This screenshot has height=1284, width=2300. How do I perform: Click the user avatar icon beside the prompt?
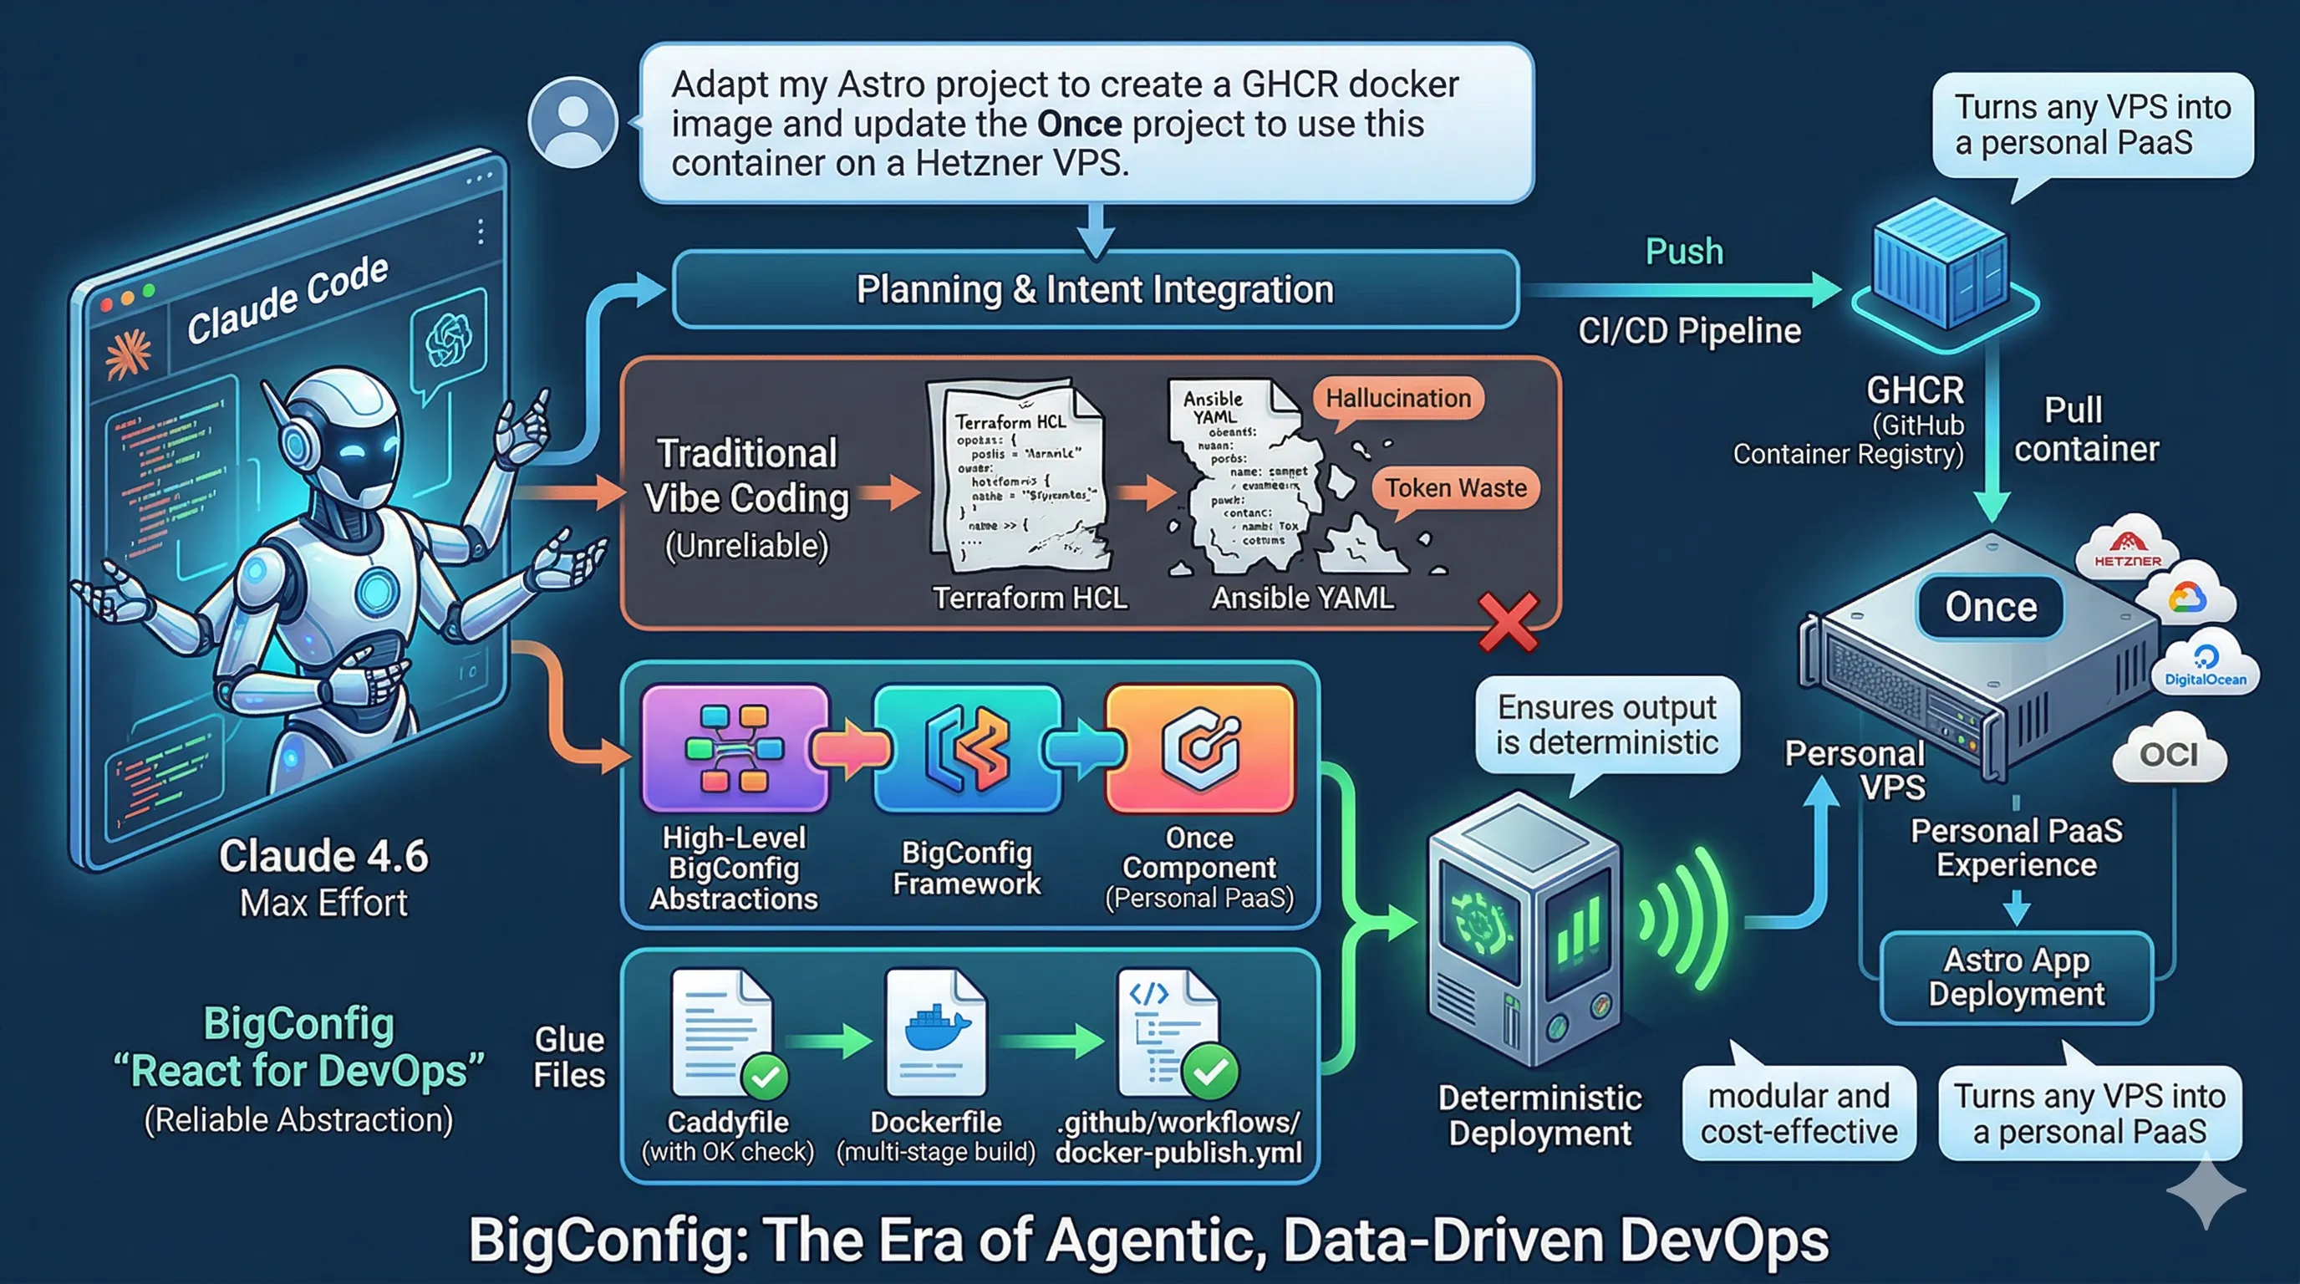tap(572, 122)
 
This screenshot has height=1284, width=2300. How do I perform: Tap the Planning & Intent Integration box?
tap(1095, 289)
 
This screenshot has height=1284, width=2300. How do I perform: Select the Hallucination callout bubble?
tap(1397, 398)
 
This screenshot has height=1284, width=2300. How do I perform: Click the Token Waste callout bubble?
tap(1455, 488)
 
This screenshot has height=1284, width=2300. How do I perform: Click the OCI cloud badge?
tap(2169, 755)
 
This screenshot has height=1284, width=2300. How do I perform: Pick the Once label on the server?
tap(1990, 607)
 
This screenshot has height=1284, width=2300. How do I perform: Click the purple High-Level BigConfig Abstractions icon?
tap(734, 748)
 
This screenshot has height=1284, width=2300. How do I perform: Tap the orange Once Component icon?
tap(1199, 748)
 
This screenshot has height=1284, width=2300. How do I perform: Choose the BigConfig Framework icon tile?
tap(967, 748)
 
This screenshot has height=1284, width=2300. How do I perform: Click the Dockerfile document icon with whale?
tap(936, 1032)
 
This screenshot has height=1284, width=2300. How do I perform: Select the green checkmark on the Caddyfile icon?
tap(764, 1077)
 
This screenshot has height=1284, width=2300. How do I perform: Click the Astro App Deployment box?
tap(2016, 978)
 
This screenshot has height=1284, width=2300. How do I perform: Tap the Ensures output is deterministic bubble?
tap(1607, 725)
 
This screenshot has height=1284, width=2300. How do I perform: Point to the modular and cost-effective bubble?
tap(1799, 1113)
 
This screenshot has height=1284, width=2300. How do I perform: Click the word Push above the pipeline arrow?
tap(1684, 252)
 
